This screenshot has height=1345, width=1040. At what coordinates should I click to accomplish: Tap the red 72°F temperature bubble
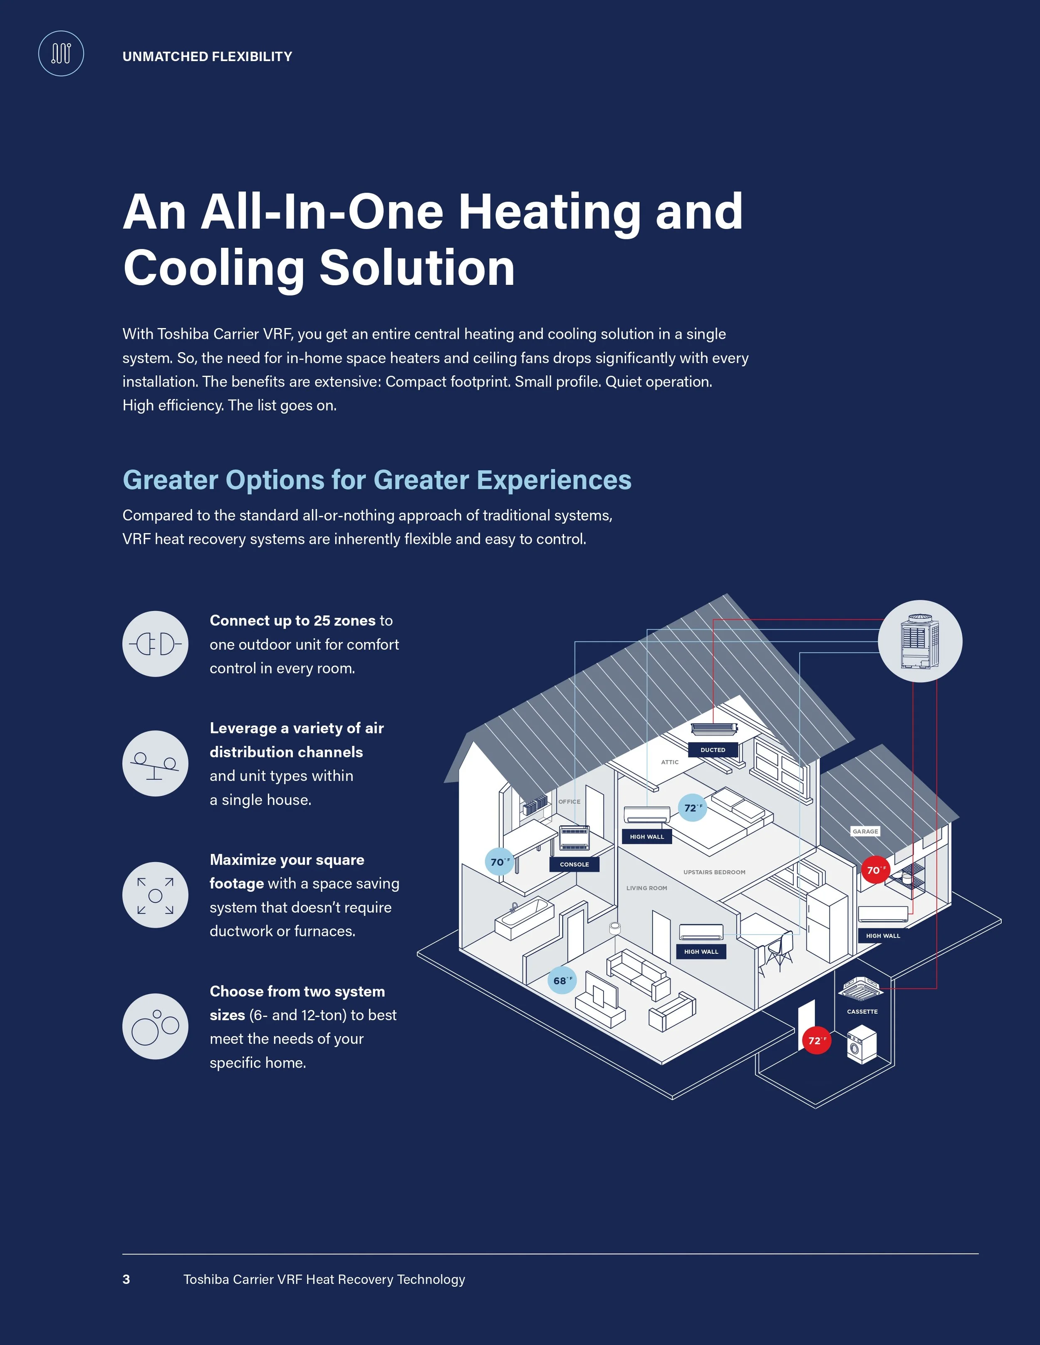coord(816,1040)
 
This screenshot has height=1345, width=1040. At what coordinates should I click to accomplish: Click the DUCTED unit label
coord(713,750)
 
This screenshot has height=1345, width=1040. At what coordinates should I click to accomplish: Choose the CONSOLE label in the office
coord(574,864)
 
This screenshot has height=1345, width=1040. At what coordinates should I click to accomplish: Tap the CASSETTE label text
coord(862,1011)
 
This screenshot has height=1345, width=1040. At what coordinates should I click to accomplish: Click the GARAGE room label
coord(865,832)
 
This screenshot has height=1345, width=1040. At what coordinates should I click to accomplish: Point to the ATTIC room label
coord(670,762)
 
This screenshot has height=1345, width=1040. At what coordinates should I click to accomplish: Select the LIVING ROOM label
coord(646,887)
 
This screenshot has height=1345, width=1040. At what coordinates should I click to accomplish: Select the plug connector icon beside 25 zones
coord(155,644)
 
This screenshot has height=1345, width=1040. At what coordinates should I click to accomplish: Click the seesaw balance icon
coord(155,764)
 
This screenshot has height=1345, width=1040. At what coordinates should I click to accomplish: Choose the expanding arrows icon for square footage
coord(155,895)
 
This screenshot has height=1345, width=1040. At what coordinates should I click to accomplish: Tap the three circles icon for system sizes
coord(155,1027)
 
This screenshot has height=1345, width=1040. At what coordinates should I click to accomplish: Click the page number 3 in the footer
coord(126,1279)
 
